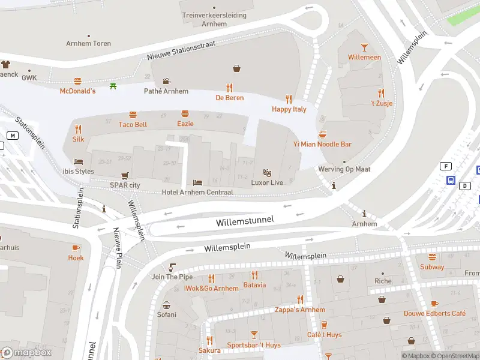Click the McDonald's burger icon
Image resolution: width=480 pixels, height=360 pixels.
(77, 81)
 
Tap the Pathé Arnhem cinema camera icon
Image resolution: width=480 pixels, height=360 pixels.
(166, 81)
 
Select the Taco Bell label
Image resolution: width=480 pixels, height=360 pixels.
(133, 124)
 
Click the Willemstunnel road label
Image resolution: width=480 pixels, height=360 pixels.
(245, 221)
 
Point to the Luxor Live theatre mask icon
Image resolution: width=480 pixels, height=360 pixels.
(268, 173)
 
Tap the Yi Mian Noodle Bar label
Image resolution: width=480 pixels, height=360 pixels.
(322, 144)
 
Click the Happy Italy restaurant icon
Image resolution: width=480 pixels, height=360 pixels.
(289, 99)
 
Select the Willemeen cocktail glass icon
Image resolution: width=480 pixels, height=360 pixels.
(364, 47)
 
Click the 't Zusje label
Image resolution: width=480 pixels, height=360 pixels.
(381, 103)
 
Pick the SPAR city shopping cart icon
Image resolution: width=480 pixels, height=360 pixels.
(125, 176)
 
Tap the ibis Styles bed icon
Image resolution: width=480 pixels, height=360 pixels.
(77, 161)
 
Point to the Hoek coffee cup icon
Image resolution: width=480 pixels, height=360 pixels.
(76, 248)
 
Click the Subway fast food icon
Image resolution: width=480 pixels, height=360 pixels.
(432, 257)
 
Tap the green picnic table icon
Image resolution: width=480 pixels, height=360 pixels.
(113, 86)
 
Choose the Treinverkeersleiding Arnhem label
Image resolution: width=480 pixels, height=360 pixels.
(214, 19)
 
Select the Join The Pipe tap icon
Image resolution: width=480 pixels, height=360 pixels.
(172, 267)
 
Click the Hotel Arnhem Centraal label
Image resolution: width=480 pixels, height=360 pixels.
(197, 192)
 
